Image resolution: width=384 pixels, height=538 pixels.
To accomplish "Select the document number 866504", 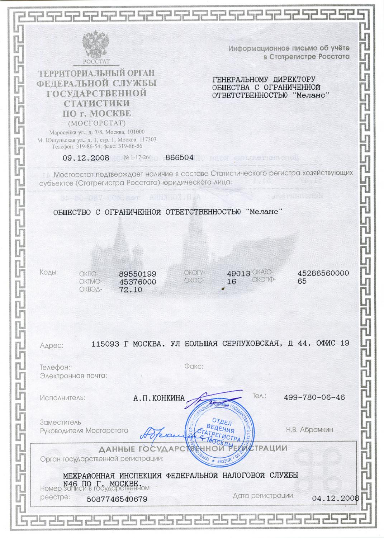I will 179,157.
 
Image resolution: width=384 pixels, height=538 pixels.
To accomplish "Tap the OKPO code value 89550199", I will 138,274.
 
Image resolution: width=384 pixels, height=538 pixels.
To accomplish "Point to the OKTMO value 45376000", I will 138,282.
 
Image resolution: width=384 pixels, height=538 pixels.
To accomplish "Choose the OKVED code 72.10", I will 131,290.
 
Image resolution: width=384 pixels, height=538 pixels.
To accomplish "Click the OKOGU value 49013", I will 238,274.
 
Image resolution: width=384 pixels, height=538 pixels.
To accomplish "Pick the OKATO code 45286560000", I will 323,273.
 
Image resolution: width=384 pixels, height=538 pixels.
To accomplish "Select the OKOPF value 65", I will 302,282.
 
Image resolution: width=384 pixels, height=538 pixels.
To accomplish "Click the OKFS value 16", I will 232,282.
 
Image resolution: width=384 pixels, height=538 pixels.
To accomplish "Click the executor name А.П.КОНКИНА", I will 159,398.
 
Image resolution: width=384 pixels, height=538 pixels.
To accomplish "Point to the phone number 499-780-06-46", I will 314,397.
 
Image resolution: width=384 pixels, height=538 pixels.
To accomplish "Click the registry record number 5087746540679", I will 117,499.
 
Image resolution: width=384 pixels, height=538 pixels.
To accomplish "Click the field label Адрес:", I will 52,346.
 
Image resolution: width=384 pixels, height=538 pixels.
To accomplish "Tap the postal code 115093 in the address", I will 105,344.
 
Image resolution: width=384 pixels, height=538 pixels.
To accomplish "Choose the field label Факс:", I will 194,367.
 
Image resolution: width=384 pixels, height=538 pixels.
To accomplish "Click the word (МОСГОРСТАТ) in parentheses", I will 97,123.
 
